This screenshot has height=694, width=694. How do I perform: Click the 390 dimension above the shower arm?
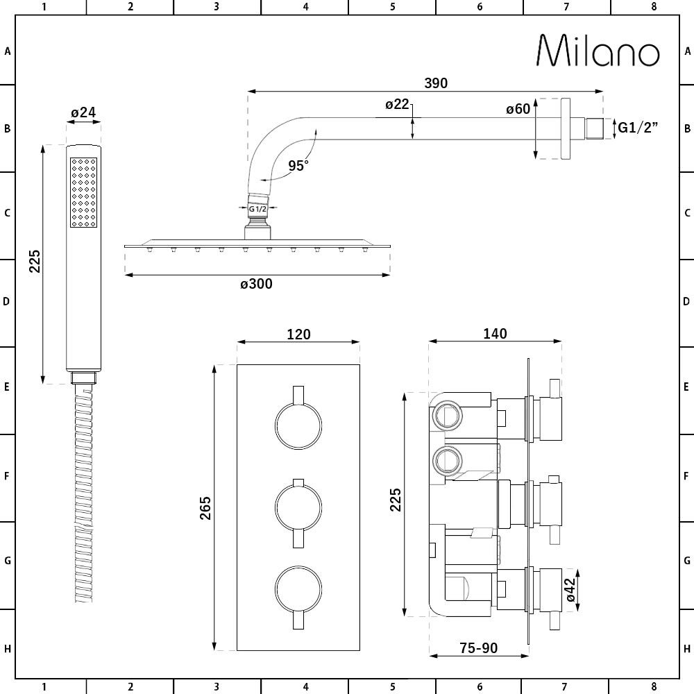click(436, 83)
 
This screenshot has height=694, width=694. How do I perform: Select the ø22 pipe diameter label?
click(398, 104)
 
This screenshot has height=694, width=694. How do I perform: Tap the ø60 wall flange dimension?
click(518, 108)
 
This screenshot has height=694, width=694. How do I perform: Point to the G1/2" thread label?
click(638, 128)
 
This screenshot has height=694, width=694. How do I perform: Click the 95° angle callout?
click(298, 165)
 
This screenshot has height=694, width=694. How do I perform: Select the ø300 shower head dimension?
click(257, 284)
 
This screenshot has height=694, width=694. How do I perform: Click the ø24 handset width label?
click(83, 112)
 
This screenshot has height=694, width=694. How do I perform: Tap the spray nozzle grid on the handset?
click(83, 192)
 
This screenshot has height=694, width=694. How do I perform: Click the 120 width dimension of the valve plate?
click(298, 334)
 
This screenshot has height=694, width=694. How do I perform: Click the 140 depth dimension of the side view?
click(496, 334)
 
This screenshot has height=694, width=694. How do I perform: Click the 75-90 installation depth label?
click(479, 648)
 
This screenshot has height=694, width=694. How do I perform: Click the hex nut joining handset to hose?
click(83, 378)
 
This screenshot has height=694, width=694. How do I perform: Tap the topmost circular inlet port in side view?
click(447, 416)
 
